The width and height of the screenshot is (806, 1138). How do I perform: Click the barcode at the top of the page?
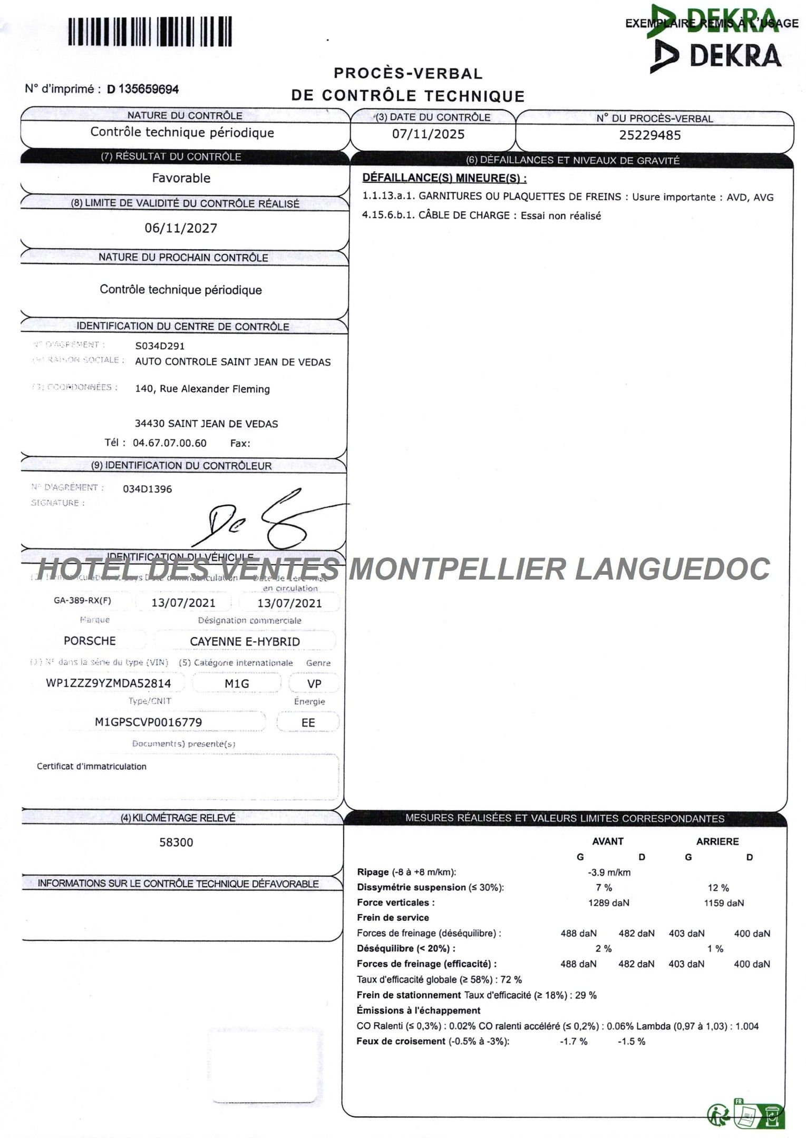[150, 32]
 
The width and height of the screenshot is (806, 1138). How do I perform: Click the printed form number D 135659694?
[143, 89]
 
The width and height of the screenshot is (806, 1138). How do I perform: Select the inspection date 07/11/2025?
[428, 134]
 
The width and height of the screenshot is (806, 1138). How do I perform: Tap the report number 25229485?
[650, 135]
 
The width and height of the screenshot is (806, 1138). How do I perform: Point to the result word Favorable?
[181, 178]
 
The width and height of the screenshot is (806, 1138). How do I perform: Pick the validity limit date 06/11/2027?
[181, 228]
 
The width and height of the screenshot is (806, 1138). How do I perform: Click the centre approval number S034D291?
[160, 346]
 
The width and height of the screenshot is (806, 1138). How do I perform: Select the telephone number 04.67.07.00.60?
[170, 443]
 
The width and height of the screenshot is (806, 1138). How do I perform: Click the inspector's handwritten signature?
[264, 519]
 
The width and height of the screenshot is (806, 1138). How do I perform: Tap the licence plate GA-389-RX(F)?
[83, 600]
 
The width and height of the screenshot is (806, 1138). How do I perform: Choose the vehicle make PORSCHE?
[90, 641]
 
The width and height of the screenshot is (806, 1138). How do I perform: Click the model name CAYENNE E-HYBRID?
[245, 642]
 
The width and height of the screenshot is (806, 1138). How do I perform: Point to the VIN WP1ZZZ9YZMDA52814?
[109, 683]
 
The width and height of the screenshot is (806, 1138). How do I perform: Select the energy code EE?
[308, 722]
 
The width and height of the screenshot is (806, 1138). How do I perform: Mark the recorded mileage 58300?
[176, 842]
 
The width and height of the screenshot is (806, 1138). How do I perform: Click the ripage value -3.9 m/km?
[609, 872]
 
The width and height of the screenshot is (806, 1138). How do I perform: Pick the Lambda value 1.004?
[747, 1026]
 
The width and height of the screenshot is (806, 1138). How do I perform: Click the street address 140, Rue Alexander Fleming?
[202, 389]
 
